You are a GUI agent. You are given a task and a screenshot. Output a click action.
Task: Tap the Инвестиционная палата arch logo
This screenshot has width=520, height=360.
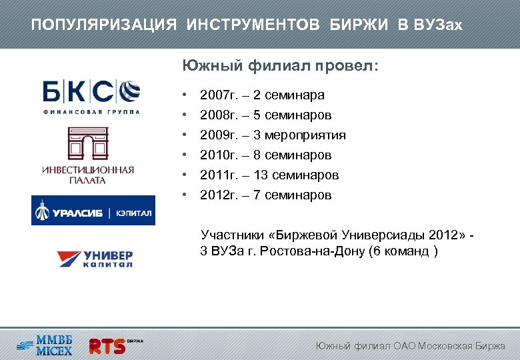tap(87, 155)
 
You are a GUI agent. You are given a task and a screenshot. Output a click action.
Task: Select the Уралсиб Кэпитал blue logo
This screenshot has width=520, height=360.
tap(93, 211)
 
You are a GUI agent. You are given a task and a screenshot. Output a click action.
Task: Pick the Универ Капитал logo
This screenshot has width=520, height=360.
tap(94, 258)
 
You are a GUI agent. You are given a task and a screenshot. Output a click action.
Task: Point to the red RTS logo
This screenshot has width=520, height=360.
tap(107, 345)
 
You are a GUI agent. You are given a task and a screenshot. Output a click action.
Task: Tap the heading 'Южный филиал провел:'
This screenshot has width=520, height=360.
tap(280, 67)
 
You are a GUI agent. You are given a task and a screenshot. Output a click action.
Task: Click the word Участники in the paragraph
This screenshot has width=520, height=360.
tap(229, 235)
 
